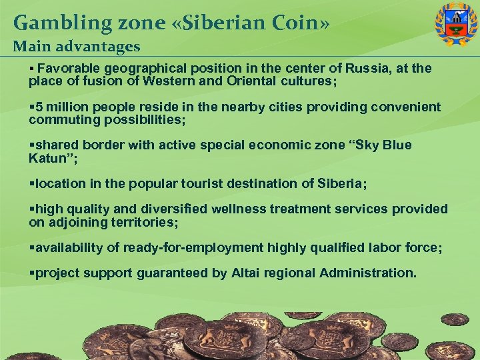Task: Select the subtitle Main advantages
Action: (x=77, y=47)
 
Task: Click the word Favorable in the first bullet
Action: (x=68, y=69)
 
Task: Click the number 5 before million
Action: (x=39, y=107)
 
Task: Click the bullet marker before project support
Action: (x=31, y=273)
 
